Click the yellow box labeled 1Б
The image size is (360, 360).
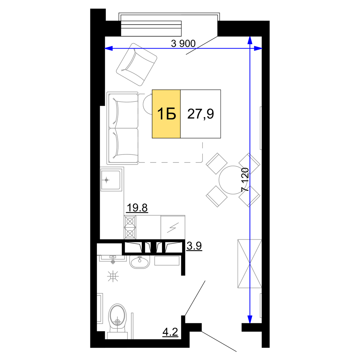coord(166,114)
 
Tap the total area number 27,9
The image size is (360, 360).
coord(201,114)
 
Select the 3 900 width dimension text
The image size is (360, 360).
coord(183,44)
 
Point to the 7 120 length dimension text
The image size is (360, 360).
coord(245,180)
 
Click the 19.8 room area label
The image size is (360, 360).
coord(137,208)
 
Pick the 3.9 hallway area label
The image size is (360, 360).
coord(194,246)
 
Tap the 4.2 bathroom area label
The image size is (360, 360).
coord(170,332)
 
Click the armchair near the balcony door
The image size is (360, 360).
coord(136,64)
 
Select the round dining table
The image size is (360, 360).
coord(233,180)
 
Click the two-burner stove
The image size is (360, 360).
coord(130,227)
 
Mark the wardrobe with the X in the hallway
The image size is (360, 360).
coord(249,264)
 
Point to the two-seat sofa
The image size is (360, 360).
coord(123,128)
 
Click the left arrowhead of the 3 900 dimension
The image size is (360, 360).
coord(109,49)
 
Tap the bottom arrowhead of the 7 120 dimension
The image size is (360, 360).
coord(250,319)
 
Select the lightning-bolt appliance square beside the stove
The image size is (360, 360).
coord(173,227)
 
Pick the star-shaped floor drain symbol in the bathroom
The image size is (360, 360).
coord(113,276)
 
